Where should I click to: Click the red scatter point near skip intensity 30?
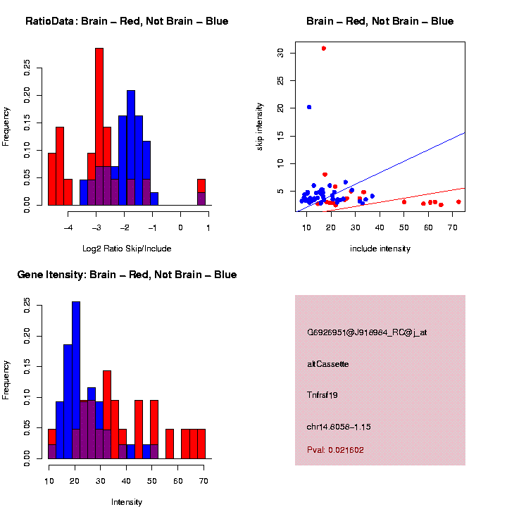pos(323,48)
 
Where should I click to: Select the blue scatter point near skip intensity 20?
pos(309,107)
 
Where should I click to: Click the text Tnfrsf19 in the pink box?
pos(323,395)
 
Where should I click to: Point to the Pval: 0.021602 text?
pos(335,449)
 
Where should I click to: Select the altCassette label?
pos(328,364)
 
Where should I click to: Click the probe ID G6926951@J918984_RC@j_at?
pos(367,332)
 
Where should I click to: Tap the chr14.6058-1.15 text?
pos(339,427)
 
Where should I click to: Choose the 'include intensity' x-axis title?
pos(380,249)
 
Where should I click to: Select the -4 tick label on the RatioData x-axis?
pos(68,228)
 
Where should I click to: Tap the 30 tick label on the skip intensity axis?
pos(280,52)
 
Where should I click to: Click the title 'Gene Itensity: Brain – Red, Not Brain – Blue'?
pos(127,275)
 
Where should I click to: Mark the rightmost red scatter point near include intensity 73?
pos(458,202)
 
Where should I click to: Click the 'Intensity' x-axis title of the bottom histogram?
pos(127,502)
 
